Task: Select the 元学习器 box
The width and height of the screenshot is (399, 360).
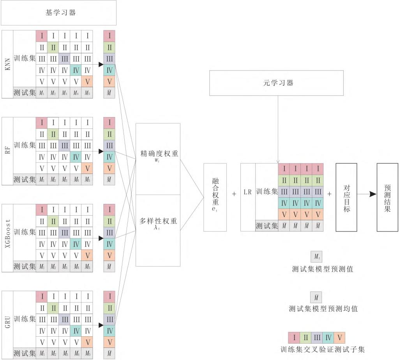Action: [x=276, y=83]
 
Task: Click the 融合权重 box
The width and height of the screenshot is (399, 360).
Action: [x=215, y=197]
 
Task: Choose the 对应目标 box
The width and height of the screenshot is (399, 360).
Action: [x=346, y=197]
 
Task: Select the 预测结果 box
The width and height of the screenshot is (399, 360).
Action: [x=387, y=197]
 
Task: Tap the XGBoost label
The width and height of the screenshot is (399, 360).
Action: [x=7, y=237]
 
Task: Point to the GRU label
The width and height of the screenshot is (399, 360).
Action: [x=7, y=325]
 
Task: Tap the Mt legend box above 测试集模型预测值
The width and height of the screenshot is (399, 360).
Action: [x=316, y=257]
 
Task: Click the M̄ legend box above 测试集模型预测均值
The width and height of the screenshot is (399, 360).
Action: [x=316, y=298]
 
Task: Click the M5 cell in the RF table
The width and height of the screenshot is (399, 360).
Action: [x=88, y=180]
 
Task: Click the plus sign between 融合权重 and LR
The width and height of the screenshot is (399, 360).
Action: [x=234, y=193]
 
